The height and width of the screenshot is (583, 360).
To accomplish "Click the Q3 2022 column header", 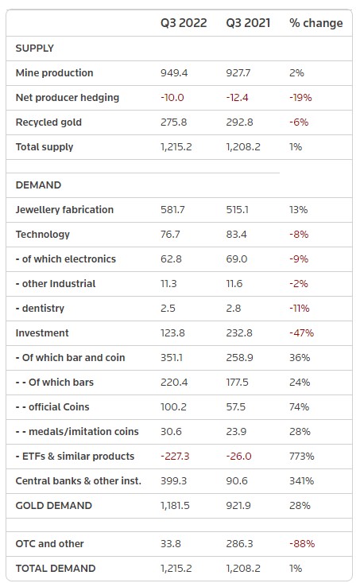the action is coord(184,23).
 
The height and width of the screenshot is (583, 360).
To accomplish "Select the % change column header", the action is coord(316,23).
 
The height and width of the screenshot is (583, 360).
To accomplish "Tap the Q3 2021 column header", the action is coord(248,23).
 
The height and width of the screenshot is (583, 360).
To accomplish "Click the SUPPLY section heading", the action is coord(34,49).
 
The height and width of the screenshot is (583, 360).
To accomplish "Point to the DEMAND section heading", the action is coord(38,185).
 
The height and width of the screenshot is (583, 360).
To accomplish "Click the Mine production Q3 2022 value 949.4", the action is coord(174,73).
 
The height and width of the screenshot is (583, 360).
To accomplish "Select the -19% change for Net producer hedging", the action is coord(300,97).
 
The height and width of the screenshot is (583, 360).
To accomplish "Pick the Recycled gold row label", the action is coord(48,122).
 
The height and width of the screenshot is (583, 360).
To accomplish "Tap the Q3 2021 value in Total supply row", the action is coord(243,147).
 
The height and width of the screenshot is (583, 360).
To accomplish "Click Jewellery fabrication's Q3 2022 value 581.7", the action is coord(172,210).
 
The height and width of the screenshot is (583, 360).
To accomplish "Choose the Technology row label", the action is coord(43,235).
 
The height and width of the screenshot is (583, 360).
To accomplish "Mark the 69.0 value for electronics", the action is coord(237,259).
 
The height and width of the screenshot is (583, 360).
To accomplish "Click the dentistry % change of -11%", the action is coord(300,309).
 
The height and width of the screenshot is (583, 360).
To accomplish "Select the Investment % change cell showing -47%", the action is coord(302,332).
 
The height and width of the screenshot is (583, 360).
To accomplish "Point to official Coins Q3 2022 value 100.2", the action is coord(173,406).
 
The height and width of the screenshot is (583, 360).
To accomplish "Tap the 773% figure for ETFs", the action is coord(302,457).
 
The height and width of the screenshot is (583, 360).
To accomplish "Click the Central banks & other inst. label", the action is coord(79,480).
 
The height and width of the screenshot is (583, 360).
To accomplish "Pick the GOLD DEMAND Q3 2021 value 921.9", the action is coord(238,506).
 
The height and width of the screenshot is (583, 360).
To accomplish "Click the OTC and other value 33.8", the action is coord(171,543).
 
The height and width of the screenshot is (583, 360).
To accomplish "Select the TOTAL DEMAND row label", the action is coord(56,569).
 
